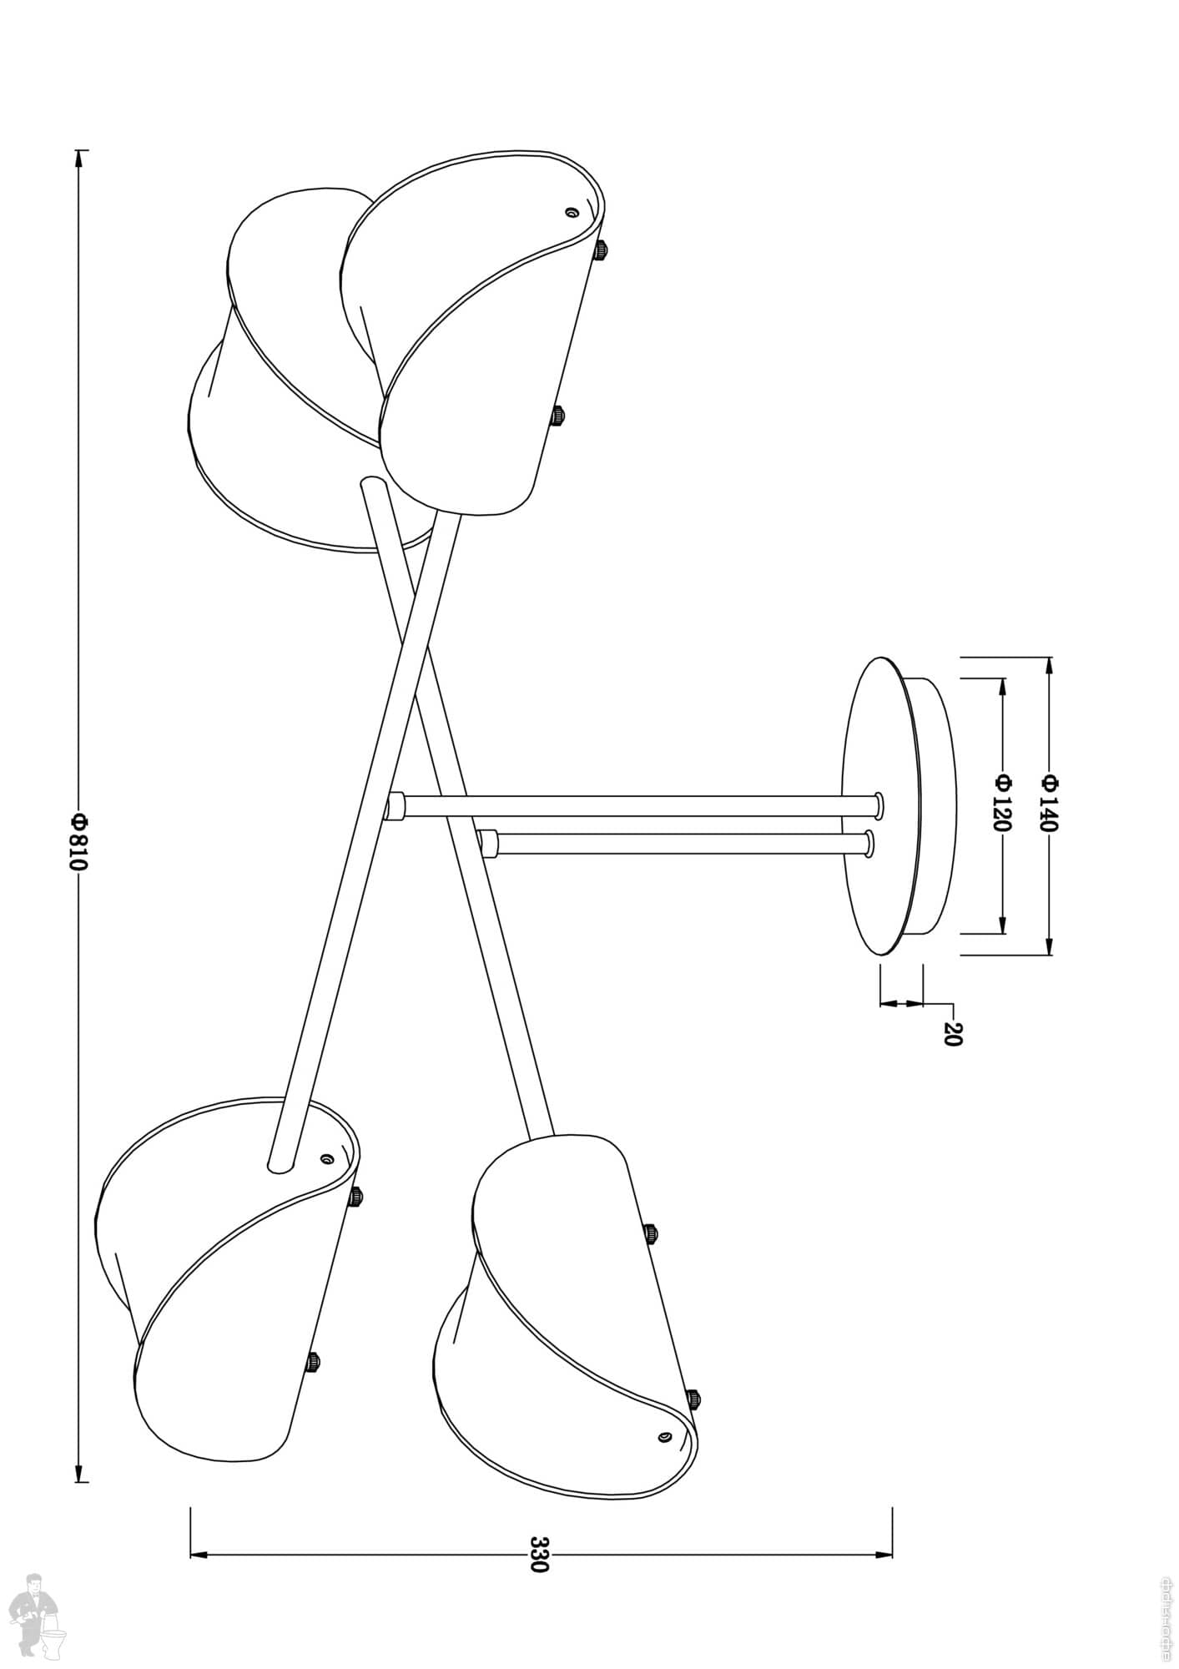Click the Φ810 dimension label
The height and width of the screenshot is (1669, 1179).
pyautogui.click(x=78, y=841)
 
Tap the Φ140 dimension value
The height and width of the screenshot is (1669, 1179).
pyautogui.click(x=1050, y=803)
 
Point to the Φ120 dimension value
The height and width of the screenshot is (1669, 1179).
pyautogui.click(x=1002, y=803)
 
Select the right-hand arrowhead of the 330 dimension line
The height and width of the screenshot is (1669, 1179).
pyautogui.click(x=883, y=1554)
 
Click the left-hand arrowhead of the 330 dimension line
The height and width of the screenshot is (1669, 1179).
pyautogui.click(x=200, y=1554)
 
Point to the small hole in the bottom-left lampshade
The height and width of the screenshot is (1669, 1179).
pyautogui.click(x=326, y=1159)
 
